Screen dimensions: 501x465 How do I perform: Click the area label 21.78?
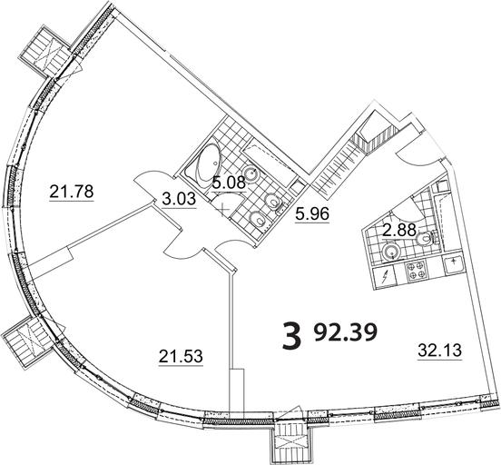coord(72,192)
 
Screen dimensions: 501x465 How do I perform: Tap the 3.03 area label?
coord(179,199)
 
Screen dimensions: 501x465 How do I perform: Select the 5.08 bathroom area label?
coord(229,183)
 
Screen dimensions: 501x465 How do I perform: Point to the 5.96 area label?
coord(312,214)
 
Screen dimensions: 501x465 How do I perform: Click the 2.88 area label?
coord(399,230)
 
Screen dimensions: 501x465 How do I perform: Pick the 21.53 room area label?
coord(181,356)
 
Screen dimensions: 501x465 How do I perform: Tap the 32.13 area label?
coord(440,351)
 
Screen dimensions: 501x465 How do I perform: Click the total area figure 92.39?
coord(346,332)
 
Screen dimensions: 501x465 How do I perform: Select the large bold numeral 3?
coord(292,335)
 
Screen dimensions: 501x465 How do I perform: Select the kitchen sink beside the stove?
coord(453,264)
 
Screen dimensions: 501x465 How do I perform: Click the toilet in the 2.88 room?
coord(427,239)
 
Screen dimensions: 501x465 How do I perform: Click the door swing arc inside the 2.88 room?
coord(417,204)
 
